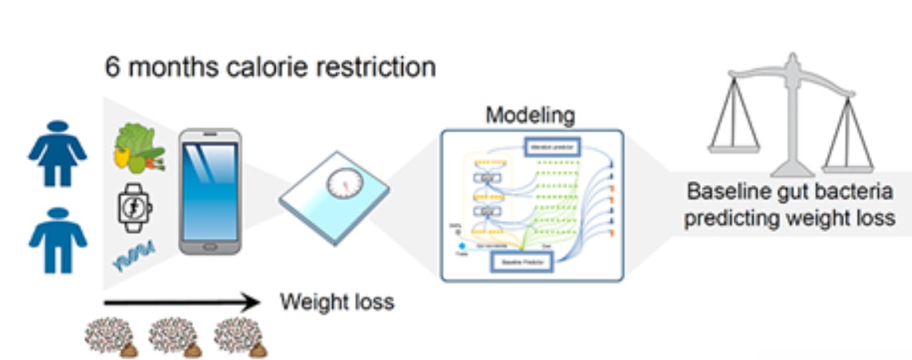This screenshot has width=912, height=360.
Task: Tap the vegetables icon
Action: (x=138, y=149)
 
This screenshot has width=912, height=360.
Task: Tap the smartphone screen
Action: (x=208, y=191)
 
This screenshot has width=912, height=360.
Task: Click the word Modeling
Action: (x=530, y=115)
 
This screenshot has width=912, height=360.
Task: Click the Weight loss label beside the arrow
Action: (x=336, y=303)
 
